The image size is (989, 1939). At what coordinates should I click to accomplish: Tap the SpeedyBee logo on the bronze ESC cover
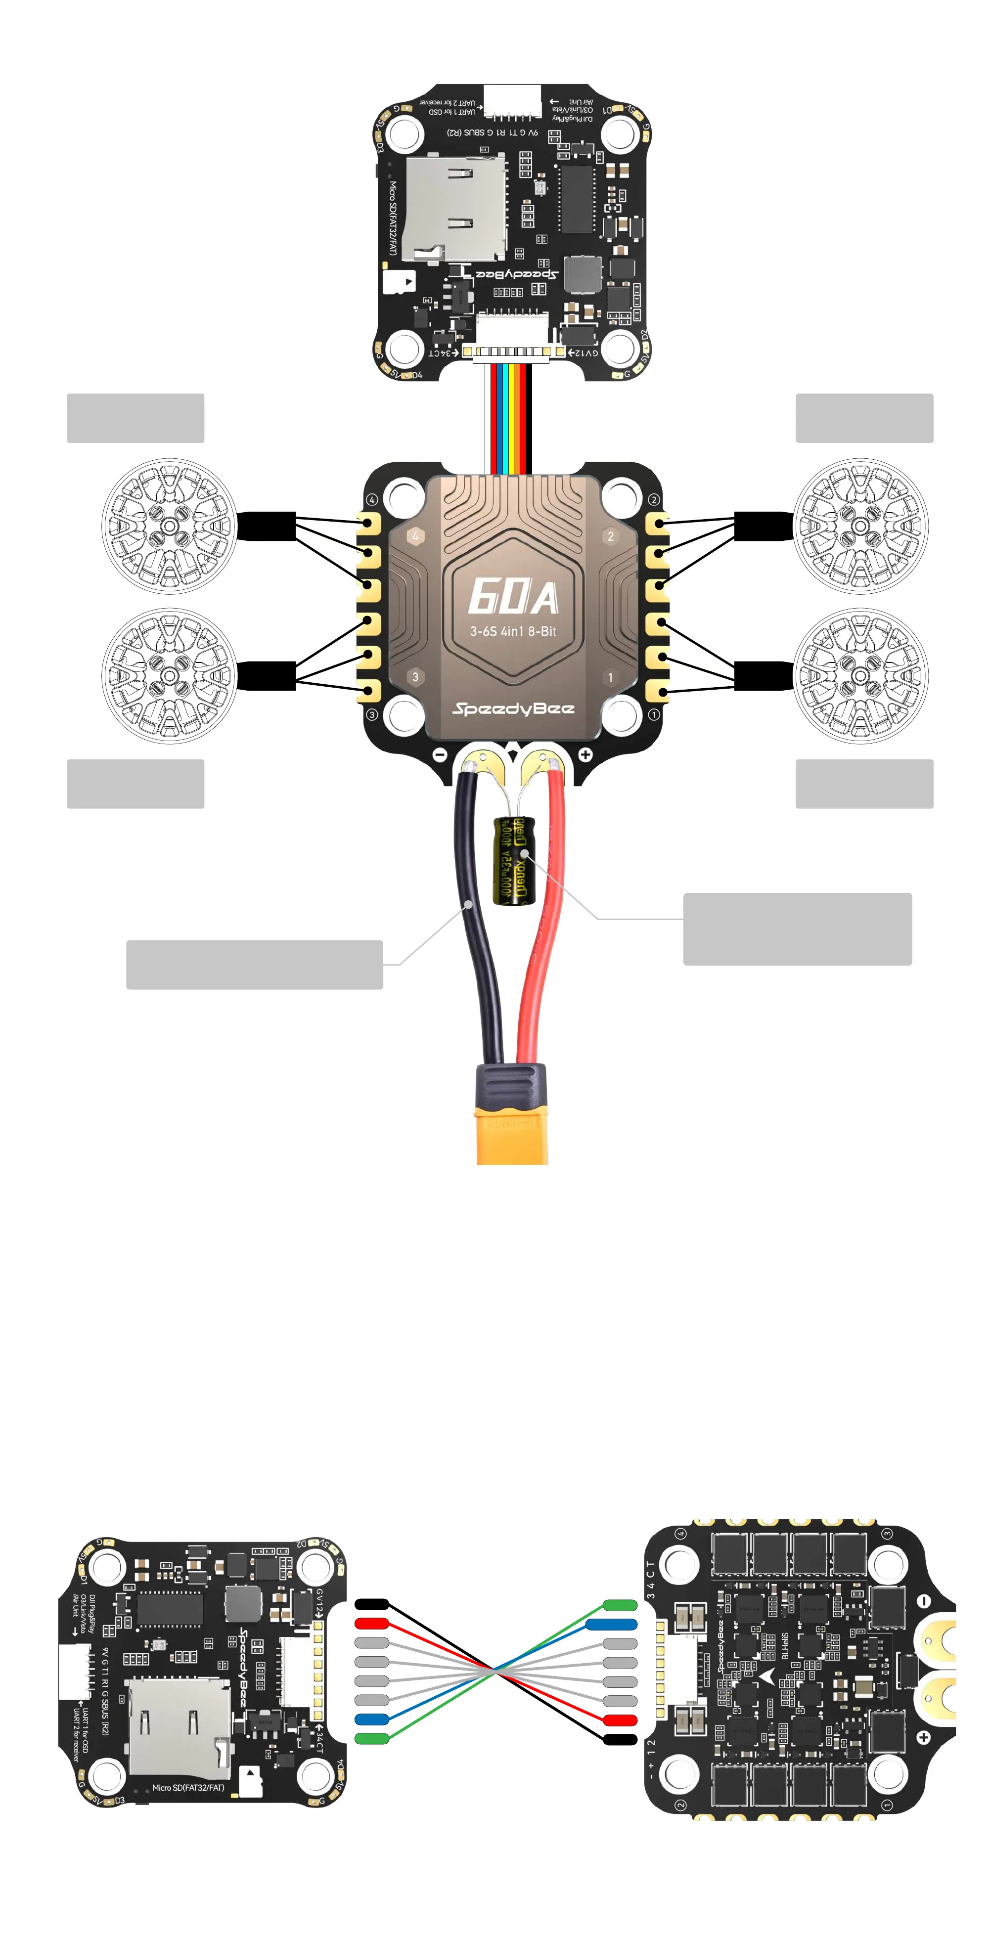click(x=513, y=708)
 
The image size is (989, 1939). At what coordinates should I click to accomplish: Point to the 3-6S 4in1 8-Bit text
click(x=513, y=631)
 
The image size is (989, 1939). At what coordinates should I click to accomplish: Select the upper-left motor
click(x=169, y=526)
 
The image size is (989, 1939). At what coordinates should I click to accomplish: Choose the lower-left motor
click(x=169, y=675)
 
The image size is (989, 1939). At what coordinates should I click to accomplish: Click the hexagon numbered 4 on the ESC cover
click(x=415, y=536)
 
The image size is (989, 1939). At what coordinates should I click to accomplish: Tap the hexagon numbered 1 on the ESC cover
click(x=610, y=677)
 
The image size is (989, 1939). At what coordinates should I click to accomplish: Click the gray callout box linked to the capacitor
click(x=797, y=929)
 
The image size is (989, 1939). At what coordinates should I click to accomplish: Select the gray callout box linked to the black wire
click(x=254, y=964)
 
